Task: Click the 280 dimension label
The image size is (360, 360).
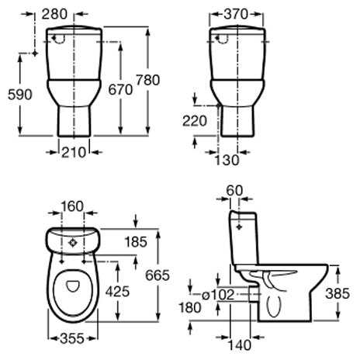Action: point(54,14)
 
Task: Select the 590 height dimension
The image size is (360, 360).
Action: point(20,94)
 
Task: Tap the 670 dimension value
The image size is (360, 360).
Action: point(120,90)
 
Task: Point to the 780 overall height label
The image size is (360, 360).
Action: point(147,80)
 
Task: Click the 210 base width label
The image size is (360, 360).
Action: point(74,152)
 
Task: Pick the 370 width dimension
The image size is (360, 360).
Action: point(236,14)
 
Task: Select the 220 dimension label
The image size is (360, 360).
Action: point(195,121)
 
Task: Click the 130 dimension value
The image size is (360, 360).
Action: point(227,160)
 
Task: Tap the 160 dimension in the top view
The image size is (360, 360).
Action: point(72,206)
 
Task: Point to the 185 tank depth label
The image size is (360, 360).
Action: point(136,242)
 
